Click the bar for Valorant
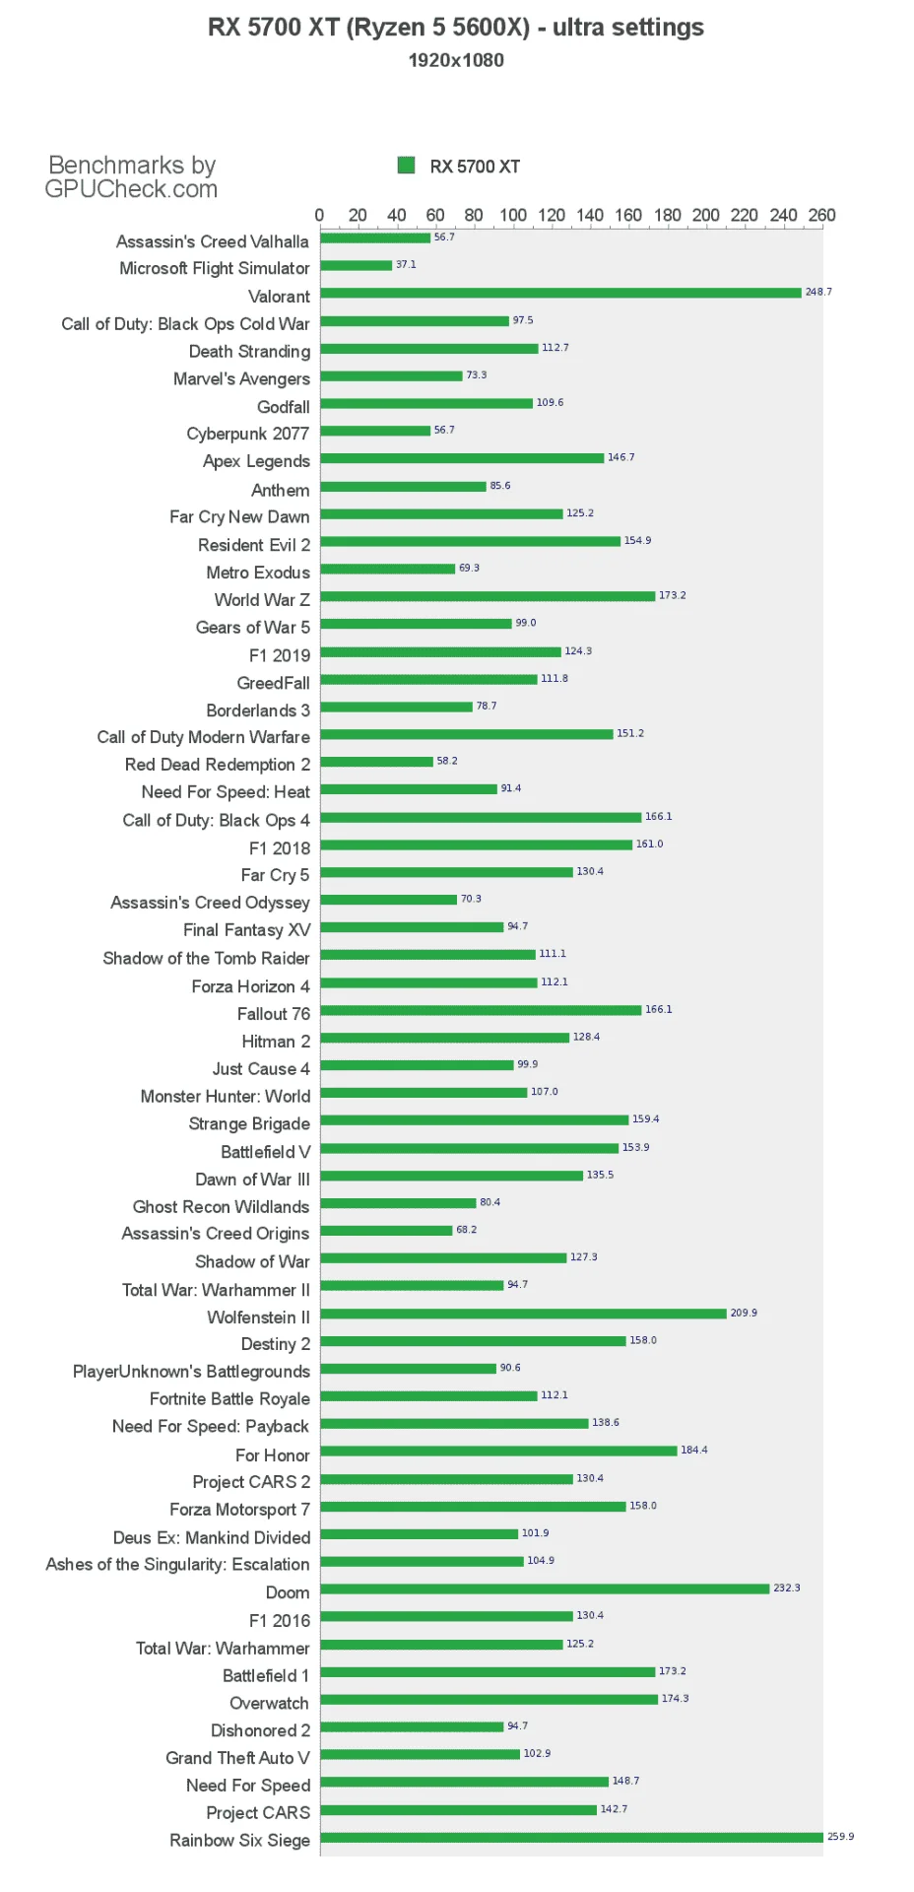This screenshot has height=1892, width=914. [x=560, y=293]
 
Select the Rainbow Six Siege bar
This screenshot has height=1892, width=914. [x=571, y=1837]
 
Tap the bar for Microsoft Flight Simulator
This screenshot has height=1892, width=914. [x=356, y=265]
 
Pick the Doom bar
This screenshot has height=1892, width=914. [x=545, y=1588]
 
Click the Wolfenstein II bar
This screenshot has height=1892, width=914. [x=523, y=1314]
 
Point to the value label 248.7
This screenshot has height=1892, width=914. [x=818, y=292]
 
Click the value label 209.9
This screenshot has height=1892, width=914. [x=744, y=1313]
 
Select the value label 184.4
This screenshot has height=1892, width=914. [x=694, y=1450]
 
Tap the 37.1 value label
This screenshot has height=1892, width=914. [x=406, y=264]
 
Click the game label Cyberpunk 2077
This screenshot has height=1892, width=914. [x=248, y=434]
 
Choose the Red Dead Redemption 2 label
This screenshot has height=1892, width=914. [x=218, y=765]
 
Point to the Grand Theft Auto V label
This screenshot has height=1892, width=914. [x=237, y=1758]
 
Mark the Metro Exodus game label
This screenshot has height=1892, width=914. [x=258, y=573]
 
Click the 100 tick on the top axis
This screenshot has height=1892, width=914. [x=513, y=215]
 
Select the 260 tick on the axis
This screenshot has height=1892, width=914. [x=821, y=215]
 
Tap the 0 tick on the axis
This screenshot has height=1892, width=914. [x=319, y=215]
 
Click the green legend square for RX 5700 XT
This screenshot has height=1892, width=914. [x=406, y=166]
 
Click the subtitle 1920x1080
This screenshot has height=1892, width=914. [x=456, y=60]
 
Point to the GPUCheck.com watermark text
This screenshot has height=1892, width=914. [x=131, y=189]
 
